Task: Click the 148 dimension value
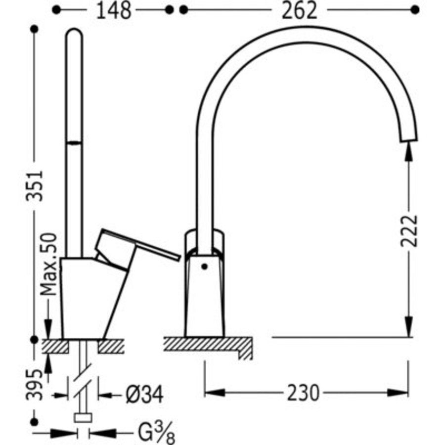[114, 11]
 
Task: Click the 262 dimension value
[299, 11]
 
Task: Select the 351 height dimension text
[35, 186]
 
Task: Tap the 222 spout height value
[409, 231]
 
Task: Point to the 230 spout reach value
[303, 393]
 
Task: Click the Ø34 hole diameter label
[144, 395]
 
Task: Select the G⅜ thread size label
[156, 433]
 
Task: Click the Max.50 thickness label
[48, 264]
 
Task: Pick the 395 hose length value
[35, 384]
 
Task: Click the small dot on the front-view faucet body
[204, 267]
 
